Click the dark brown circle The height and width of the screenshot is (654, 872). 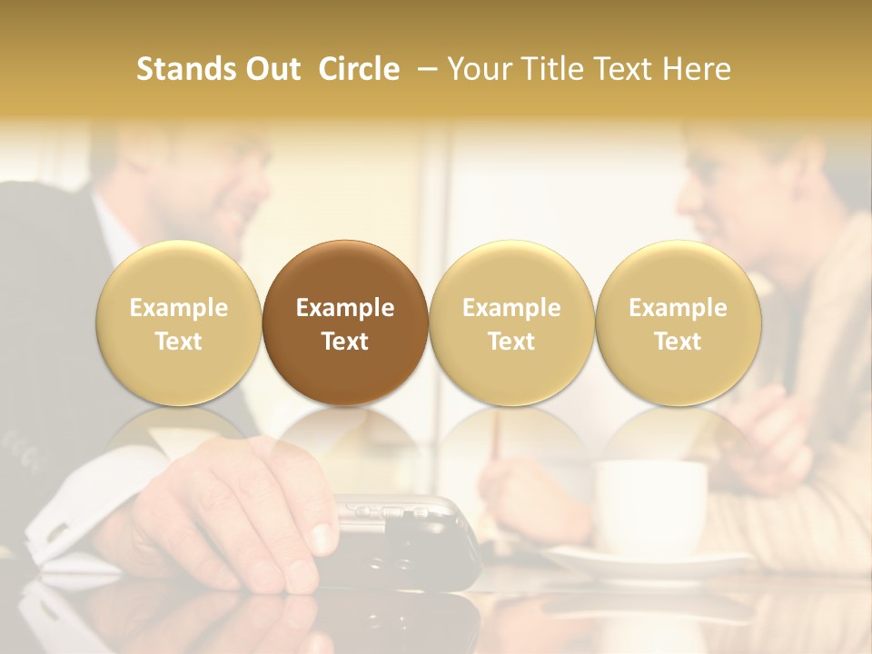coord(345,322)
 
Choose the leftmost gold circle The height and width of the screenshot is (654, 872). coord(179,322)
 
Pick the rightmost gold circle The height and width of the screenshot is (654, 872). coord(679,322)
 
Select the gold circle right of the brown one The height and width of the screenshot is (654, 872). coord(511,322)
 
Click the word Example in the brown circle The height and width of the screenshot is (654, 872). coord(345,308)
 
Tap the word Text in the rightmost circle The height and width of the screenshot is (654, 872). coord(679,342)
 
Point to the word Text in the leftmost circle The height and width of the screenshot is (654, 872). coord(179,342)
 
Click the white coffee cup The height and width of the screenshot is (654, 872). coord(649,504)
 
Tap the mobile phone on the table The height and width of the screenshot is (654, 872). coord(409,540)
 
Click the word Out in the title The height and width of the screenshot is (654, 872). coord(270,69)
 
